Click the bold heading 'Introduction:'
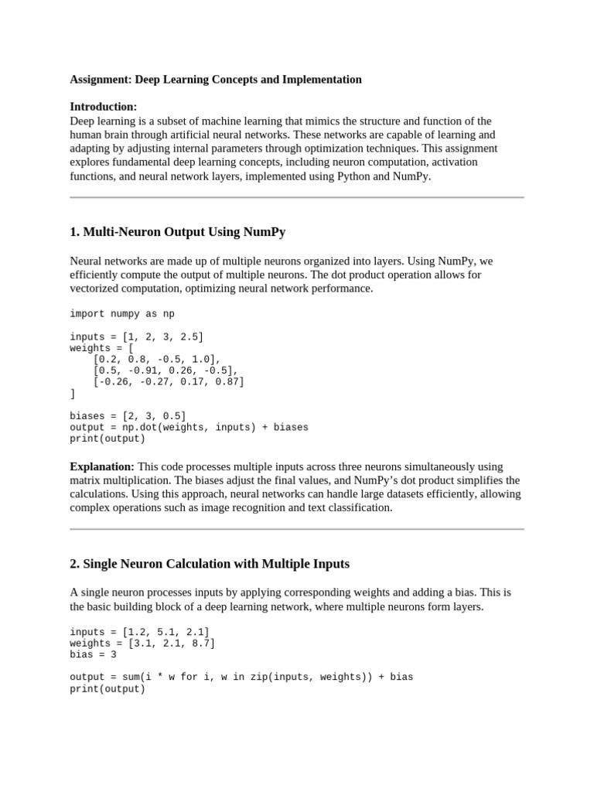(104, 107)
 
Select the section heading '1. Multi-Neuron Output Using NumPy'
(178, 232)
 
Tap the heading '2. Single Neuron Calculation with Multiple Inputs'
(210, 563)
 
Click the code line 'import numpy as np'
(122, 314)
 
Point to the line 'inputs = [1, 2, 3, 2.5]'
(137, 336)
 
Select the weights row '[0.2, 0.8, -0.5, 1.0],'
(156, 359)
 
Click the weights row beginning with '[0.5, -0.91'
(165, 370)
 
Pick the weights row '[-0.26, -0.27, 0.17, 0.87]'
(168, 381)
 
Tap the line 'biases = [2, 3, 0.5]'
(128, 416)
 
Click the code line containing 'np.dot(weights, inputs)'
(189, 427)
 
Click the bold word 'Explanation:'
(102, 466)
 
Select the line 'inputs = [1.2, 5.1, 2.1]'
(139, 632)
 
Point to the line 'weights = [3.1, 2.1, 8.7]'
(142, 643)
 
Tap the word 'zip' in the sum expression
(282, 677)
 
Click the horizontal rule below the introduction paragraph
(297, 197)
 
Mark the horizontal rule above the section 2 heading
(297, 529)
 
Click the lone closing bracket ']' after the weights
(73, 393)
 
